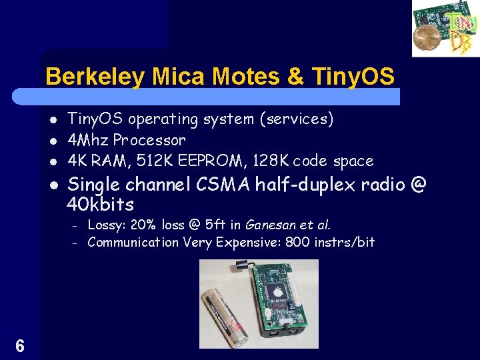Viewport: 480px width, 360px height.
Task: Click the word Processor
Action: (x=149, y=141)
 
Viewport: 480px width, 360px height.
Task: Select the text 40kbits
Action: (x=101, y=204)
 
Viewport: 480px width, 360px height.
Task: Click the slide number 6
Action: (x=20, y=346)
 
